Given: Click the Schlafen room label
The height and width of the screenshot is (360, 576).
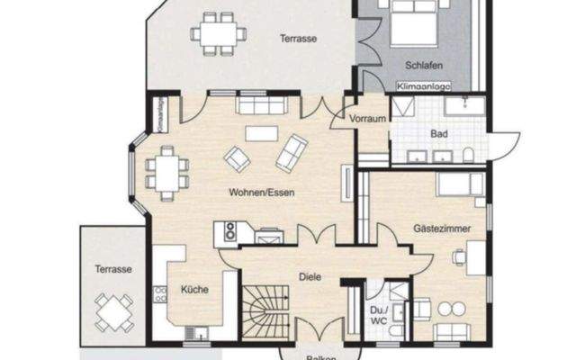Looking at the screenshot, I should [x=422, y=67].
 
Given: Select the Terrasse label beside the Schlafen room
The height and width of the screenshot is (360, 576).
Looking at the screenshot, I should [x=296, y=39].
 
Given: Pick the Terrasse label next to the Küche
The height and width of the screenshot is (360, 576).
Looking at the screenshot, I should [x=114, y=269].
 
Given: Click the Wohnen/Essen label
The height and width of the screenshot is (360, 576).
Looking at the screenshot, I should [x=262, y=192].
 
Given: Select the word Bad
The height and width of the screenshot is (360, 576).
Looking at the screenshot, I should [x=439, y=134].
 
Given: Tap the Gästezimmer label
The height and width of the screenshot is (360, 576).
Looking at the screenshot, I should [x=442, y=229].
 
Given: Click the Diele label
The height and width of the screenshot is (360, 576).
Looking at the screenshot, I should [x=310, y=277].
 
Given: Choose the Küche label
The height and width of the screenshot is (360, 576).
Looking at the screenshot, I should [x=195, y=289].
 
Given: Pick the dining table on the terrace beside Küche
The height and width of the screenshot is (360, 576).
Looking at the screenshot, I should [x=113, y=312].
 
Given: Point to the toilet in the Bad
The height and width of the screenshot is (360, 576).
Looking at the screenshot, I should [x=469, y=155].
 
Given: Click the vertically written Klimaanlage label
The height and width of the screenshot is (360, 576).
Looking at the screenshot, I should [x=159, y=116].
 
